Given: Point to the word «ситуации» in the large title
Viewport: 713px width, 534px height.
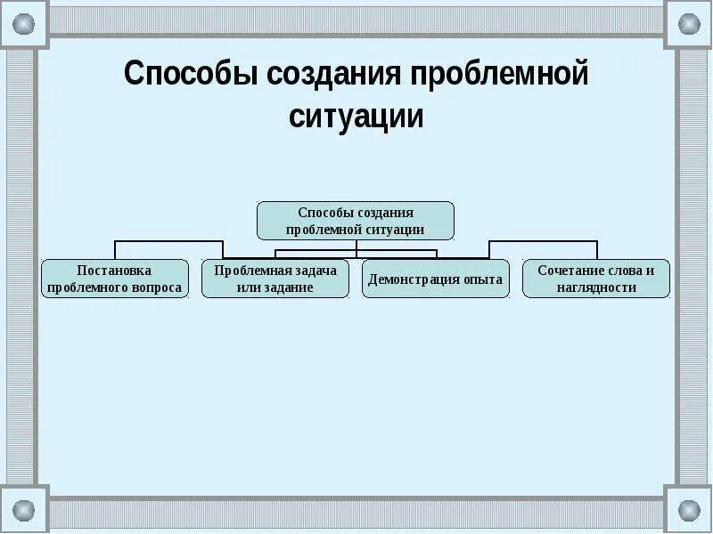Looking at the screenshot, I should (356, 117).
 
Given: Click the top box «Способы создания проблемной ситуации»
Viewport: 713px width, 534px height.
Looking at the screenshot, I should (356, 220).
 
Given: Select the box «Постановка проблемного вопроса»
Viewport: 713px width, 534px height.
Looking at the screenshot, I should (115, 279).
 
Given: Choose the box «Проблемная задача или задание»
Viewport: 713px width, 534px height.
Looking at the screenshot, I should (275, 279).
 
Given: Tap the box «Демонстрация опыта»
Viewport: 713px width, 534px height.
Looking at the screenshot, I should (436, 279).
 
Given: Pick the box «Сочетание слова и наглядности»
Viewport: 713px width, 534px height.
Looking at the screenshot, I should (596, 279).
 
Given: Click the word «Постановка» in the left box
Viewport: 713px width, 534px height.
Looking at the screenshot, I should (115, 270).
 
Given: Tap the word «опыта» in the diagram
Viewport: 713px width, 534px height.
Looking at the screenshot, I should (482, 279).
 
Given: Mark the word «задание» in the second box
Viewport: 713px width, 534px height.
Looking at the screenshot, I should (289, 287).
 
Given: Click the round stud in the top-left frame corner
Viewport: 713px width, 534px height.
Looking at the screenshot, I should (24, 24).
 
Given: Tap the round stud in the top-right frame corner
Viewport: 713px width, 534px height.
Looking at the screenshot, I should (689, 24).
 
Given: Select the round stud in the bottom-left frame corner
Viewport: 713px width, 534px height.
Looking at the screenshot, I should (24, 510).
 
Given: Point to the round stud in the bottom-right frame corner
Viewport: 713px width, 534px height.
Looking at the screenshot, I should (689, 510).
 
